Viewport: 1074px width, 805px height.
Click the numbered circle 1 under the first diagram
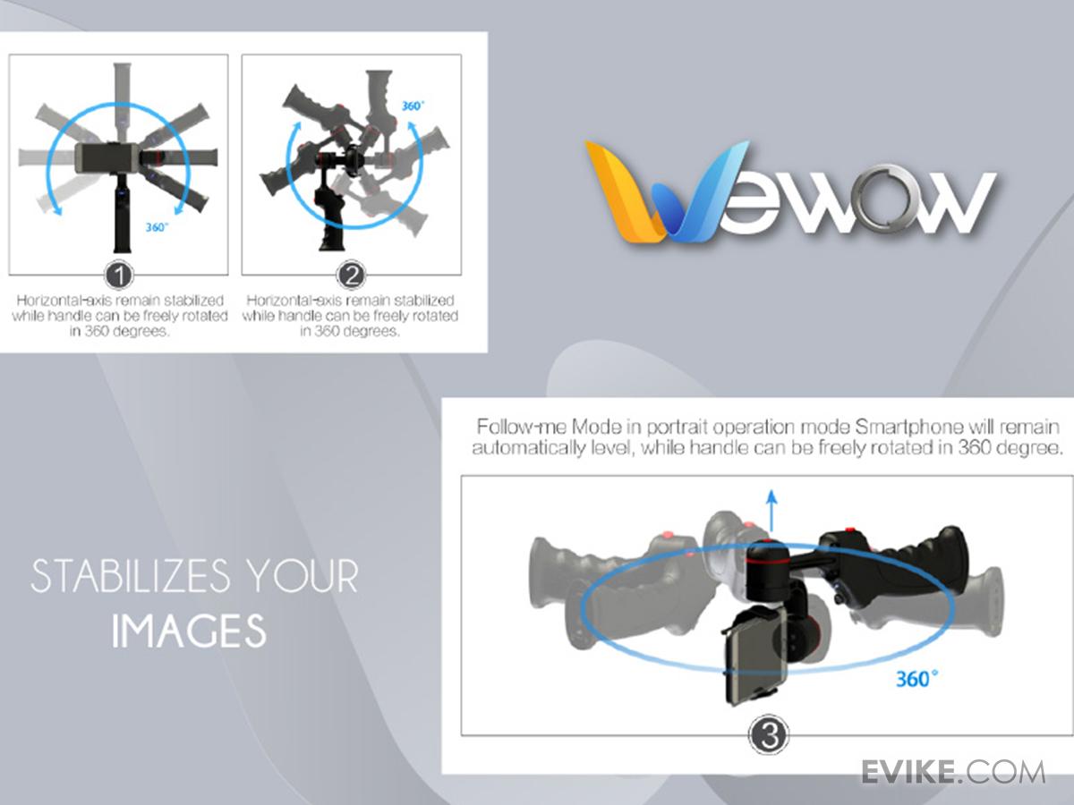click(x=118, y=274)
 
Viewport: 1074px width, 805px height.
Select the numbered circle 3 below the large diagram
click(x=767, y=735)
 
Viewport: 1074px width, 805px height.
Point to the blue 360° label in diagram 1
click(x=158, y=227)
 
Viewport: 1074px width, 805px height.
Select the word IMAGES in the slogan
click(x=189, y=631)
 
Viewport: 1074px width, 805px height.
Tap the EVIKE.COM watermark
click(x=952, y=772)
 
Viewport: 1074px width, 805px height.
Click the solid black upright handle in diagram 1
click(x=119, y=215)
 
